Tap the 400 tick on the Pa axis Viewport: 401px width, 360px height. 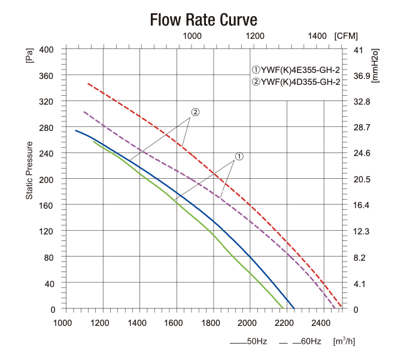[46, 49]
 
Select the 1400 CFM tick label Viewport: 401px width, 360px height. [318, 36]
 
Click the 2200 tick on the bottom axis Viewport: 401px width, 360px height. [285, 324]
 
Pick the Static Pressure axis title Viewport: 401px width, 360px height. [29, 170]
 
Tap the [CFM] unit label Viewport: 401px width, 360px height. [347, 36]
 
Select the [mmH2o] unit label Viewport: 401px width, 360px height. [375, 65]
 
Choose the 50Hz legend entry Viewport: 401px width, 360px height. [248, 342]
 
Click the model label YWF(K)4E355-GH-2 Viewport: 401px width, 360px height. [296, 69]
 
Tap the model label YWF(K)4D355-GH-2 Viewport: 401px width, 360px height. [296, 82]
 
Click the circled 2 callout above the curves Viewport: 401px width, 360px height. [195, 112]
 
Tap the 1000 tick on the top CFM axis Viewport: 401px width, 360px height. [192, 36]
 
